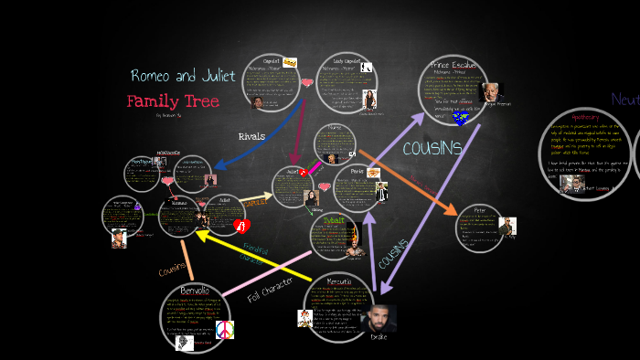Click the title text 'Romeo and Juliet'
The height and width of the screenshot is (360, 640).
click(x=183, y=76)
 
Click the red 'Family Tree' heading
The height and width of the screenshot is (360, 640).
click(x=173, y=101)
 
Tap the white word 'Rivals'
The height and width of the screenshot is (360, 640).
click(x=251, y=136)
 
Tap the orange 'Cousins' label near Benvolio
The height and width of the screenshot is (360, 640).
click(x=172, y=271)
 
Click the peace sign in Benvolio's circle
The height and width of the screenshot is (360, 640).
click(x=225, y=329)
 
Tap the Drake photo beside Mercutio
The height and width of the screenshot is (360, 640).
click(x=379, y=320)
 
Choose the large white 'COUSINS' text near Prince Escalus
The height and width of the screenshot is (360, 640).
click(x=432, y=147)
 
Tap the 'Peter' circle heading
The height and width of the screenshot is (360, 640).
click(x=480, y=211)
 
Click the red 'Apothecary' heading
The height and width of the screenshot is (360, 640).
click(x=585, y=118)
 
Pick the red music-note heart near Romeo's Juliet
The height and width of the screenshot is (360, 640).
click(x=240, y=224)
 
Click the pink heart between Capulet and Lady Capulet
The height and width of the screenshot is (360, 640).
click(x=307, y=84)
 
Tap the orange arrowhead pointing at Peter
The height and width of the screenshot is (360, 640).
click(x=451, y=210)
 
